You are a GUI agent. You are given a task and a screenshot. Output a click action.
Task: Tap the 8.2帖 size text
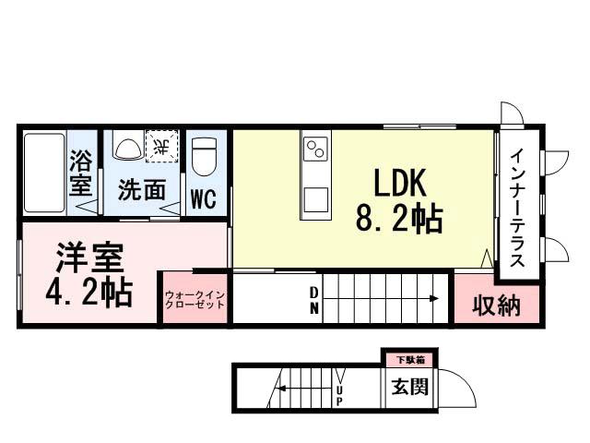398,219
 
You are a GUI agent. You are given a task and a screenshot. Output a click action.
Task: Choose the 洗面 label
141,190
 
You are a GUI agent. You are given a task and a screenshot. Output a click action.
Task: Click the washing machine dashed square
161,147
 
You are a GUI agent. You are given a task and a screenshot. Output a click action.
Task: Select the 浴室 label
81,173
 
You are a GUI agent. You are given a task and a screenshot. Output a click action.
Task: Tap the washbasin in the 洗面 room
127,148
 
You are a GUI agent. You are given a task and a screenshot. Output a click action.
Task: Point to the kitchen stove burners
314,149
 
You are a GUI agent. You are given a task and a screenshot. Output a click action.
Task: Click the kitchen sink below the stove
314,198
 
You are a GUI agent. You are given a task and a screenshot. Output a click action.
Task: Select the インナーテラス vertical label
519,208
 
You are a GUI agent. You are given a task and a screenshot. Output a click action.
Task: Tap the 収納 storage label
496,305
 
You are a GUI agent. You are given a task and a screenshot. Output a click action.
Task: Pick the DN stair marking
314,301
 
